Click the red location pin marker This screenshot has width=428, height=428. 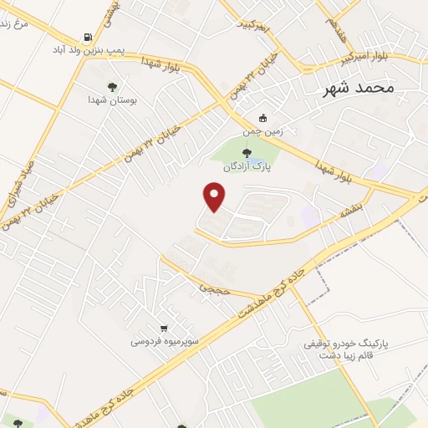coord(216,196)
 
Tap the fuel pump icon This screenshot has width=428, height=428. coord(88,38)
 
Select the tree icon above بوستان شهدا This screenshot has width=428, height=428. coord(113,85)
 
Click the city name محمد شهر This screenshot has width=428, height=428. coord(362,87)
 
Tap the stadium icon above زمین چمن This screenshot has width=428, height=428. coord(263,118)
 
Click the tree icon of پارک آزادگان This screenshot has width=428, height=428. coord(246,152)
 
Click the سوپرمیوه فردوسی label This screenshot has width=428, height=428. coord(164,341)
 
